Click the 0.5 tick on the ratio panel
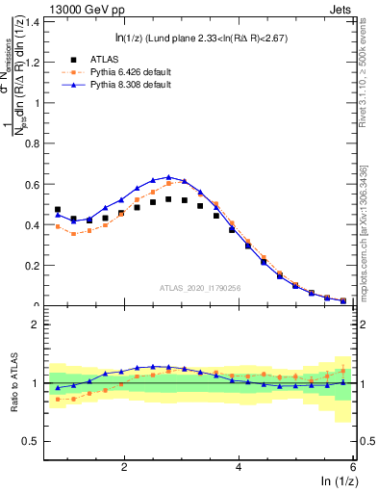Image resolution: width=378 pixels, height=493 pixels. point(34,442)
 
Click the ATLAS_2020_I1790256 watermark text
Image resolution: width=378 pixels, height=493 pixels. point(199,288)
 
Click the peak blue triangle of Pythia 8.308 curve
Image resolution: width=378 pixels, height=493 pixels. point(168,177)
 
